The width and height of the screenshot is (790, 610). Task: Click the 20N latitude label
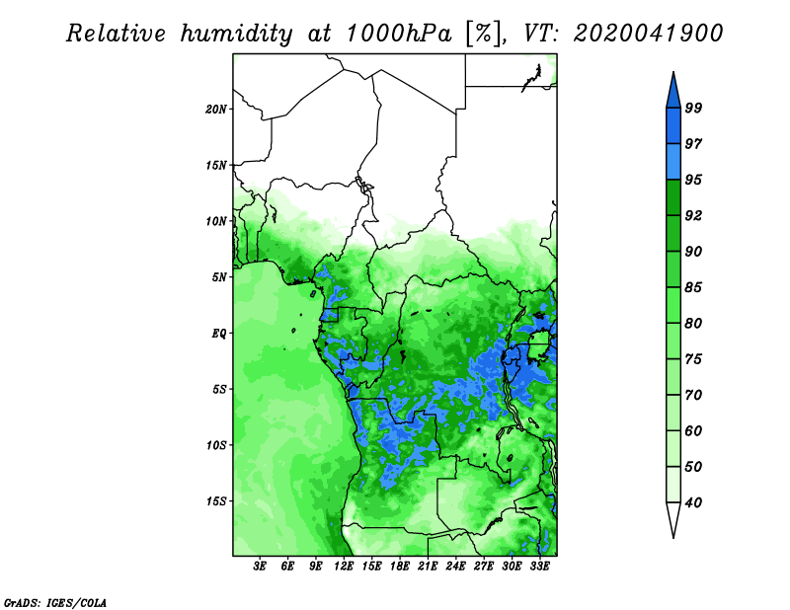216,109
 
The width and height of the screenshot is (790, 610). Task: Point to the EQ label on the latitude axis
219,333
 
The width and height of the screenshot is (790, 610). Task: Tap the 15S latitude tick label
216,501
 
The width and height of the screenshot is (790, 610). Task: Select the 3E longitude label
260,566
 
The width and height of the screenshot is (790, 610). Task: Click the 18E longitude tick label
400,566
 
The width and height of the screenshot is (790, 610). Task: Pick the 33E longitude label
539,566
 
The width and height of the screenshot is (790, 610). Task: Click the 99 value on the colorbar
693,108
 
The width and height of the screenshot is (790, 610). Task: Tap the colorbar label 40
693,502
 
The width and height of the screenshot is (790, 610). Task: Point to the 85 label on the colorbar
693,287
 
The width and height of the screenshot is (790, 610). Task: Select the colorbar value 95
693,180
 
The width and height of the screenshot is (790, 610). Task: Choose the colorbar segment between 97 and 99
673,126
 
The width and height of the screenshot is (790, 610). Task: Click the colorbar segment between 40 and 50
673,485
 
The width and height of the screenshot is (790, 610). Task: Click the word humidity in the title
236,34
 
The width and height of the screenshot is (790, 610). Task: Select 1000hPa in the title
399,34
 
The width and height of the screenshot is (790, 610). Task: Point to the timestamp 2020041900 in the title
648,34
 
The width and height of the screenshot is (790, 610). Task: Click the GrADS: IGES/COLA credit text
55,602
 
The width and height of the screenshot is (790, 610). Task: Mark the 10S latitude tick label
216,445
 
